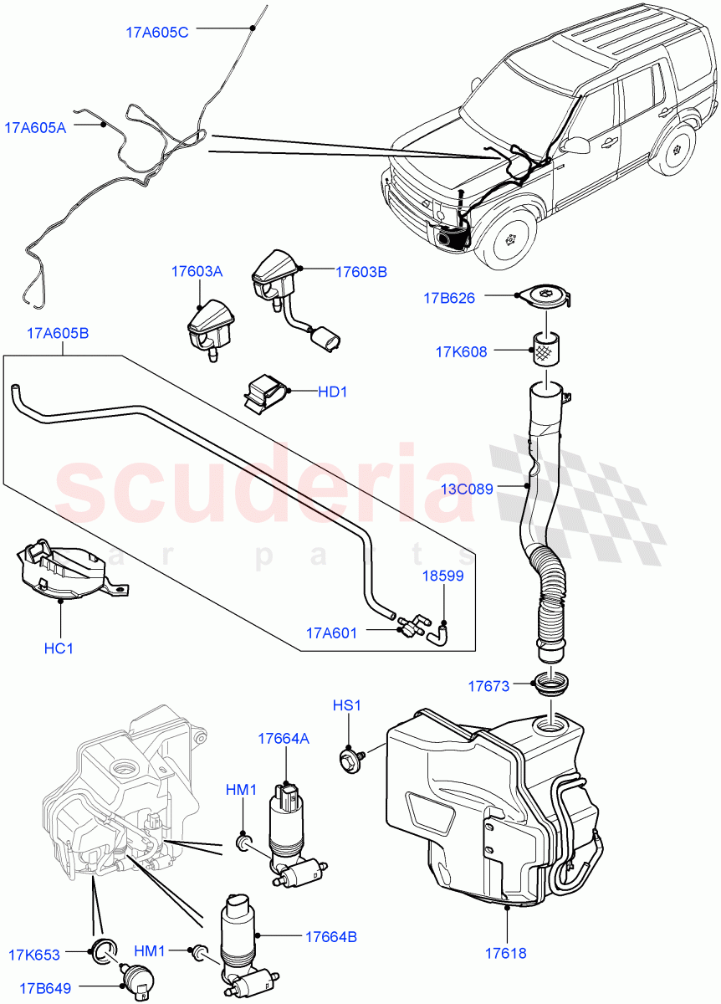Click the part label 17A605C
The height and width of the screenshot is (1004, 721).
click(x=157, y=33)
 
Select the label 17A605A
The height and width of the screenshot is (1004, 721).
click(x=35, y=127)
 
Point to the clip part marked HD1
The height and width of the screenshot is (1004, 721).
click(x=264, y=392)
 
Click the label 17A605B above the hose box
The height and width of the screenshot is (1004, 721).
click(x=58, y=334)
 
